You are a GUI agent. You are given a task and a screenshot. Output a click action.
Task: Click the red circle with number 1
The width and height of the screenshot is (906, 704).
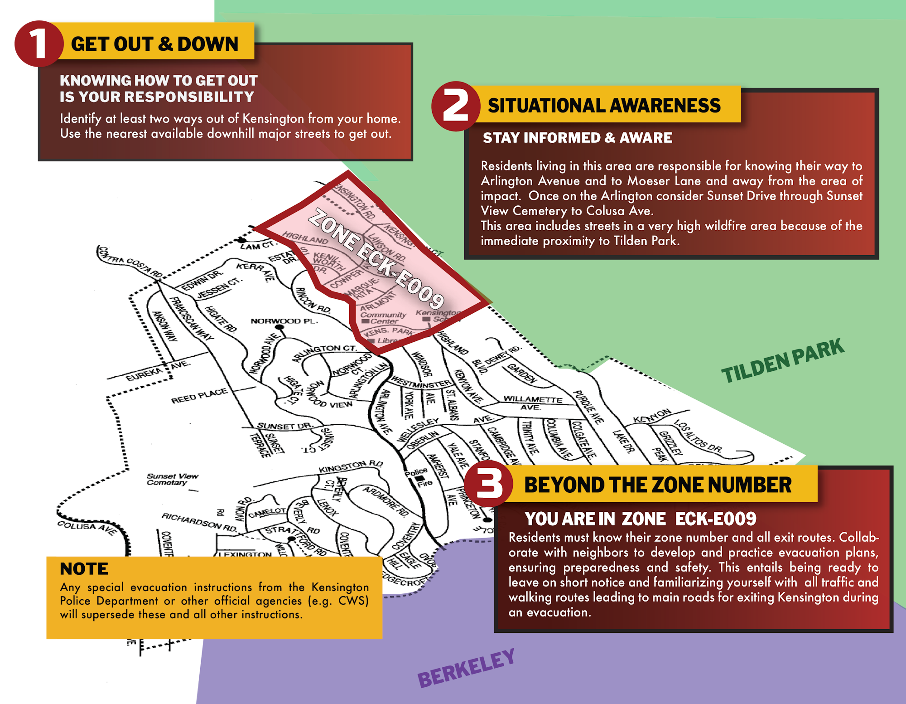[38, 44]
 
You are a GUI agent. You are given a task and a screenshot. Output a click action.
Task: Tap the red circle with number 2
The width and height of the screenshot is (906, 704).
[455, 106]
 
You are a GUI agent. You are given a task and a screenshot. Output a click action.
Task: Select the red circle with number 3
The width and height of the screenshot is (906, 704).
[488, 485]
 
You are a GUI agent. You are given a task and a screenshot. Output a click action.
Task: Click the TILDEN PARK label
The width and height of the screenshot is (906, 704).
[782, 361]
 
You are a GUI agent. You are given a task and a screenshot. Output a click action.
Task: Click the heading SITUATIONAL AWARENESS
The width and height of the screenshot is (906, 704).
[604, 106]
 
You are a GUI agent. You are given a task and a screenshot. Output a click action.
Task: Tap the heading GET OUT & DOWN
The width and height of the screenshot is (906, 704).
[154, 44]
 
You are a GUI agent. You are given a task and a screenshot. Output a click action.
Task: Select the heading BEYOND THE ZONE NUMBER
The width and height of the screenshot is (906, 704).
[658, 485]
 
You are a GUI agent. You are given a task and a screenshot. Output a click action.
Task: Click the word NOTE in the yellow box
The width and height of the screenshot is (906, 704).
[84, 568]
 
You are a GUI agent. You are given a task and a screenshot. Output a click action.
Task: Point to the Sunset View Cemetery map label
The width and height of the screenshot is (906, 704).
[172, 479]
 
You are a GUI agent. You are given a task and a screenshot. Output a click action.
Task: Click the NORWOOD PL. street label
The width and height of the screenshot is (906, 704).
[284, 321]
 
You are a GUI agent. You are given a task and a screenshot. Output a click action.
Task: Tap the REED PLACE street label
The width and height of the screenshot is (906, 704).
[199, 396]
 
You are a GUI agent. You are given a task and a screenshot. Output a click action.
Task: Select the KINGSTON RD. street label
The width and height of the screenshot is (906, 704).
[351, 466]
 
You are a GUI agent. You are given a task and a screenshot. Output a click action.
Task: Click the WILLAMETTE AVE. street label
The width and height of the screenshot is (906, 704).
[533, 402]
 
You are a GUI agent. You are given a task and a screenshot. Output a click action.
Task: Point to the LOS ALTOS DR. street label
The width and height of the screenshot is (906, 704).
[698, 436]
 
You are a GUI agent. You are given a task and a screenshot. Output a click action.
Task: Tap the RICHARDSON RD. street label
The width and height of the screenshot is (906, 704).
[199, 522]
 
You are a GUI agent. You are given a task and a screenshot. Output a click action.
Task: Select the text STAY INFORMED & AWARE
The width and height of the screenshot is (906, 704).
[577, 138]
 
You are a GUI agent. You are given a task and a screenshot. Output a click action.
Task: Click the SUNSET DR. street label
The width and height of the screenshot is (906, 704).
[284, 426]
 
